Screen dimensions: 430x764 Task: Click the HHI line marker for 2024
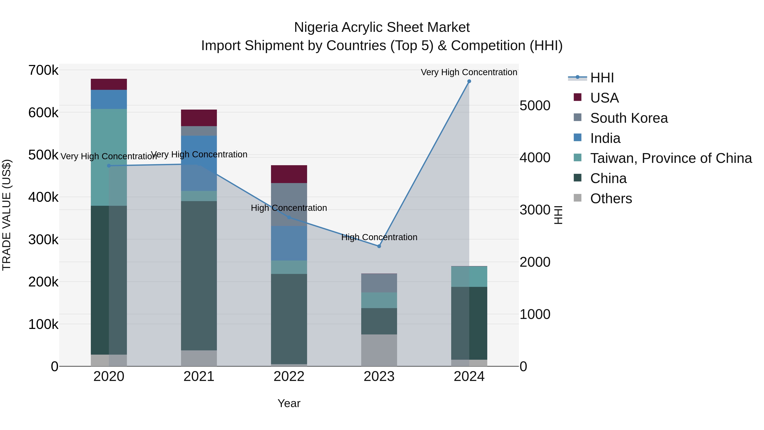click(x=469, y=81)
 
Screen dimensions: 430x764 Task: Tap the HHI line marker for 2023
click(x=379, y=246)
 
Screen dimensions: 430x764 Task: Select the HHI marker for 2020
click(x=109, y=166)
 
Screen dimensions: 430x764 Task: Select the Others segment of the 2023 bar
click(x=379, y=350)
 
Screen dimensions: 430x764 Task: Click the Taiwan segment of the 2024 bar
click(x=469, y=276)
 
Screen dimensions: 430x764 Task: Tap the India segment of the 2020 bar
click(x=109, y=99)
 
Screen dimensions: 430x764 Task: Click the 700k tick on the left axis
click(x=43, y=71)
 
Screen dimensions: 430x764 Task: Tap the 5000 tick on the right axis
click(x=535, y=106)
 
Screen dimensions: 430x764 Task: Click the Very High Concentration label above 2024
click(x=469, y=72)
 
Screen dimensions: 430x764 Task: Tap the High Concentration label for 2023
click(x=379, y=237)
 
